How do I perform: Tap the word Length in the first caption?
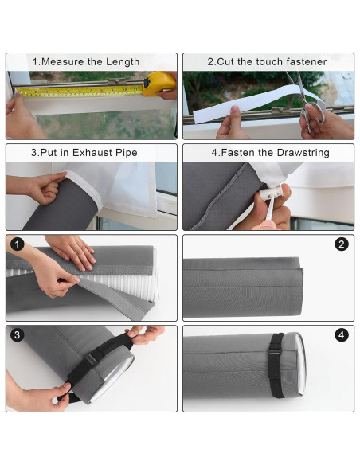click(x=122, y=61)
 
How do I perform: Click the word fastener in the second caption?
click(x=302, y=61)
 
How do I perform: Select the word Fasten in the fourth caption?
click(x=240, y=152)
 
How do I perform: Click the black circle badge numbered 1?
click(x=18, y=244)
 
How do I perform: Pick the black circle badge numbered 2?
click(x=342, y=244)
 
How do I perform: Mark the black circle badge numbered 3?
click(x=18, y=335)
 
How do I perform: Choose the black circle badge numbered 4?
click(x=342, y=335)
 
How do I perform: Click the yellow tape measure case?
click(x=158, y=83)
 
